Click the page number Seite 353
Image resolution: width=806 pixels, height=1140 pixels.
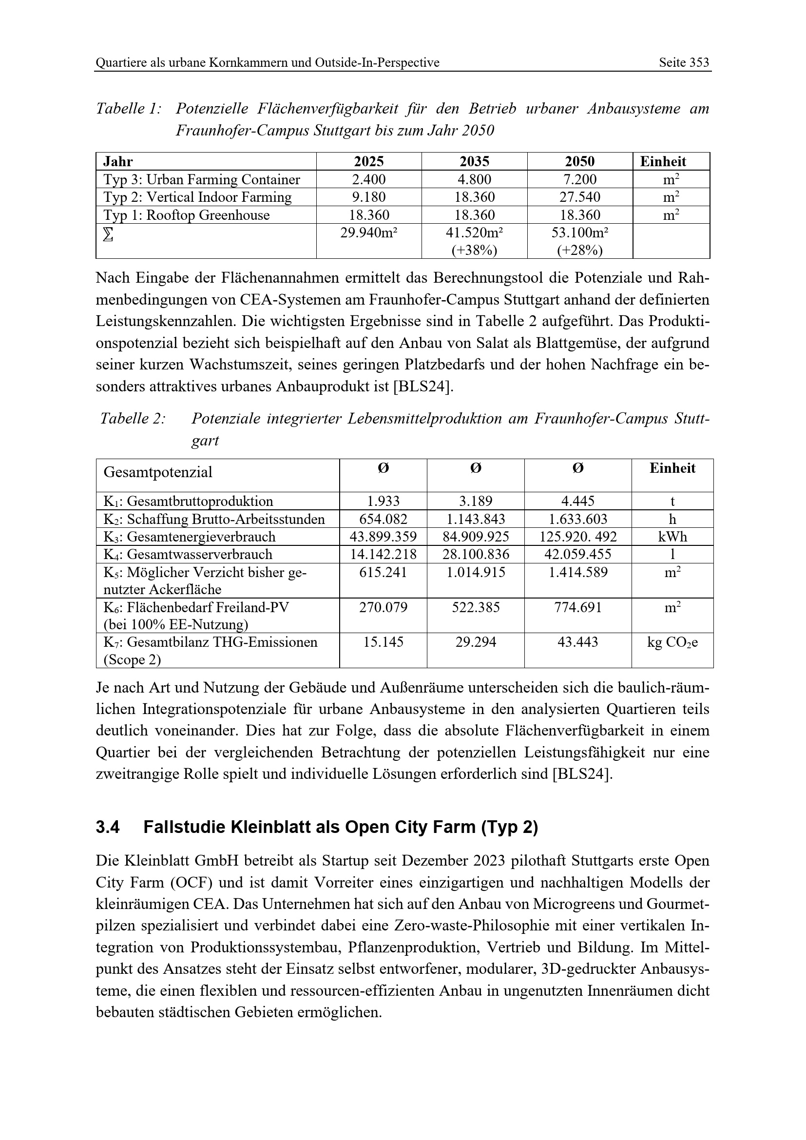[x=683, y=62]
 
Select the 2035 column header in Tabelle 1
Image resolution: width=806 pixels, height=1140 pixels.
[x=474, y=161]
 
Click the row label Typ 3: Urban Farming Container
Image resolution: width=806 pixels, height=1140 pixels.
[x=202, y=179]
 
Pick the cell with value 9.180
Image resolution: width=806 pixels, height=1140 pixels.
[x=369, y=197]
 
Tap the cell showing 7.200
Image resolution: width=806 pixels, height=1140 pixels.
[x=580, y=179]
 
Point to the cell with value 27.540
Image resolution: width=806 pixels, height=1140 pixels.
[x=580, y=197]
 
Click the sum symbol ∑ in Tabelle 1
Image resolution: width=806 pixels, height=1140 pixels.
[x=108, y=234]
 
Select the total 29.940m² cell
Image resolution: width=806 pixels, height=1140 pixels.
[x=369, y=232]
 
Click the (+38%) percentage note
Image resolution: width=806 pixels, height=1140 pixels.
[x=474, y=250]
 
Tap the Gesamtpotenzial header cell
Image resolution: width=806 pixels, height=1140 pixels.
[x=158, y=472]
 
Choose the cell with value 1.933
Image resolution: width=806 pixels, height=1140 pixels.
[x=383, y=502]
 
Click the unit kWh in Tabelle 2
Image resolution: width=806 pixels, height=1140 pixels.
[x=672, y=537]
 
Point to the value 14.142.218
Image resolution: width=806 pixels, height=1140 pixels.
[x=383, y=554]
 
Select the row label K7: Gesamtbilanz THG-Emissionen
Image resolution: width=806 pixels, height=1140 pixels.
[x=211, y=642]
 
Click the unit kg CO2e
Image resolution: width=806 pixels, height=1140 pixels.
[x=672, y=642]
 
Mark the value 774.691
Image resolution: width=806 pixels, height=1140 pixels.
[x=578, y=607]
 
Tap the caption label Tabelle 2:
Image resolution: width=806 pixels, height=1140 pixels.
[x=133, y=419]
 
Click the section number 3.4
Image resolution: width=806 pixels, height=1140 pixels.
[x=108, y=828]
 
